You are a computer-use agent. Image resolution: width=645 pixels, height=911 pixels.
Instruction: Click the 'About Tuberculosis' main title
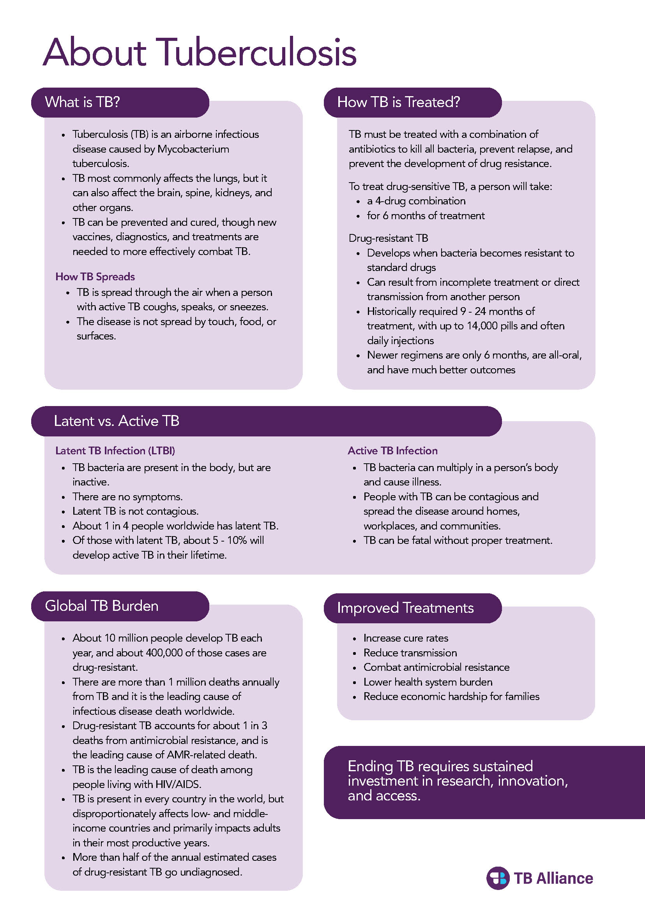tap(200, 53)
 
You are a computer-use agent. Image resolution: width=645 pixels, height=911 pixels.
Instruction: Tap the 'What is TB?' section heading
tap(82, 102)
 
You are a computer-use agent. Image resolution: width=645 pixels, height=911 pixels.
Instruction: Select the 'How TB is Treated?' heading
tap(398, 102)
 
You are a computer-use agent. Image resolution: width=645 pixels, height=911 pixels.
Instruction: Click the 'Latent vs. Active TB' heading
tap(117, 420)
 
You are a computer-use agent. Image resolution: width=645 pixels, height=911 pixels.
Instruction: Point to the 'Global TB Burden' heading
tap(101, 605)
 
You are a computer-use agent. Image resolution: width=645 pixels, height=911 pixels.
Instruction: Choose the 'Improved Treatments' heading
tap(405, 607)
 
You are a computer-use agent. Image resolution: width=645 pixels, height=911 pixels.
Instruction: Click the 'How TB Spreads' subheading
tap(95, 276)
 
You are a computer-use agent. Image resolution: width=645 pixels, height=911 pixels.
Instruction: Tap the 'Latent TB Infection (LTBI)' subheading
tap(115, 450)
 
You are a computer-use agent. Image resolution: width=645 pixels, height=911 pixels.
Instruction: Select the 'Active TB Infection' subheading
tap(392, 450)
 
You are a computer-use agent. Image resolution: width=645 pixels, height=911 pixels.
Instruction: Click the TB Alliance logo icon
tap(498, 878)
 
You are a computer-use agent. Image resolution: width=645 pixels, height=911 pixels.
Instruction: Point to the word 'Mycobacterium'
tap(193, 149)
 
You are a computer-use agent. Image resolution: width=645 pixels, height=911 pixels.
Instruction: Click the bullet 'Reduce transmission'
tap(410, 653)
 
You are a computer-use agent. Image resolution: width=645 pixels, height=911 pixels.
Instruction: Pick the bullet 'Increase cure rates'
tap(405, 638)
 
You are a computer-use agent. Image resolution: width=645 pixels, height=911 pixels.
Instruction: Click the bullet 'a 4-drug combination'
tap(416, 201)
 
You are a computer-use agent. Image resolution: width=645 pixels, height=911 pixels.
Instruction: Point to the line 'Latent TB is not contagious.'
tap(135, 511)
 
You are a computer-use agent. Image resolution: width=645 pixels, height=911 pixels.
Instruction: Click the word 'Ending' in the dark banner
tap(370, 766)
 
